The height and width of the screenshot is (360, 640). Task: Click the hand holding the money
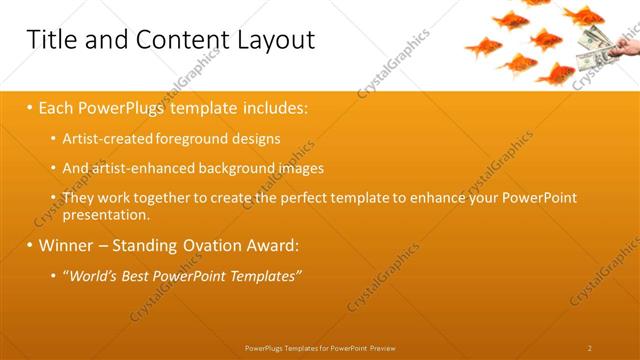[627, 45]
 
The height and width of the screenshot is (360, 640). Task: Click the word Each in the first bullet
[58, 106]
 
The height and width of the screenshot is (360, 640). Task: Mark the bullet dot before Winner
[30, 245]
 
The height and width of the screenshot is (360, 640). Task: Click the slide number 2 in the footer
[589, 348]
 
